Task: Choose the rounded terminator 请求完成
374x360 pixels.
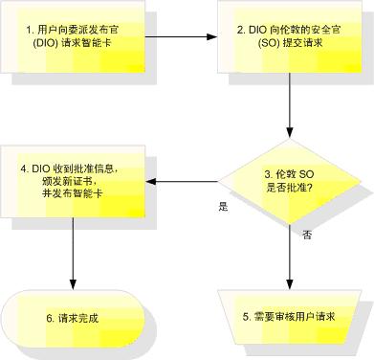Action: pyautogui.click(x=74, y=317)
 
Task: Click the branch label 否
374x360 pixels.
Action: pyautogui.click(x=306, y=234)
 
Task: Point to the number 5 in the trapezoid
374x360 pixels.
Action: pyautogui.click(x=247, y=316)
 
